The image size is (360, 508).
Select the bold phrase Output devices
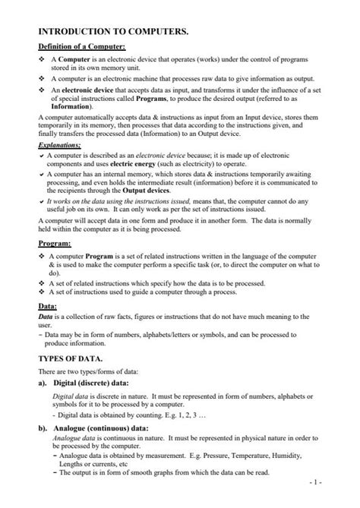(159, 189)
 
